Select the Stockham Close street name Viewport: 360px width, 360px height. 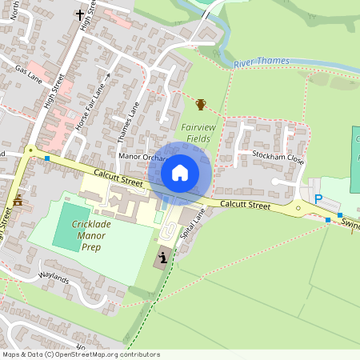pos(278,156)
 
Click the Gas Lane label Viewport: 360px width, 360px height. pos(29,70)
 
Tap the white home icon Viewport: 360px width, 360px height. pos(180,172)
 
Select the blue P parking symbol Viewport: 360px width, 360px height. pos(318,199)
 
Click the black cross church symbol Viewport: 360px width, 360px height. pos(80,14)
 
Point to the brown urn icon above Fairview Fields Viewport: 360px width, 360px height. pos(201,104)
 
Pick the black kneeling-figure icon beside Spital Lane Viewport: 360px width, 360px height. pos(163,258)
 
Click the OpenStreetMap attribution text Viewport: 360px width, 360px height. pos(81,354)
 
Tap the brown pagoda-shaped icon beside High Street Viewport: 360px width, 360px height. pos(18,201)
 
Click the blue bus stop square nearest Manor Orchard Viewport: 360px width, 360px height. pos(47,158)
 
